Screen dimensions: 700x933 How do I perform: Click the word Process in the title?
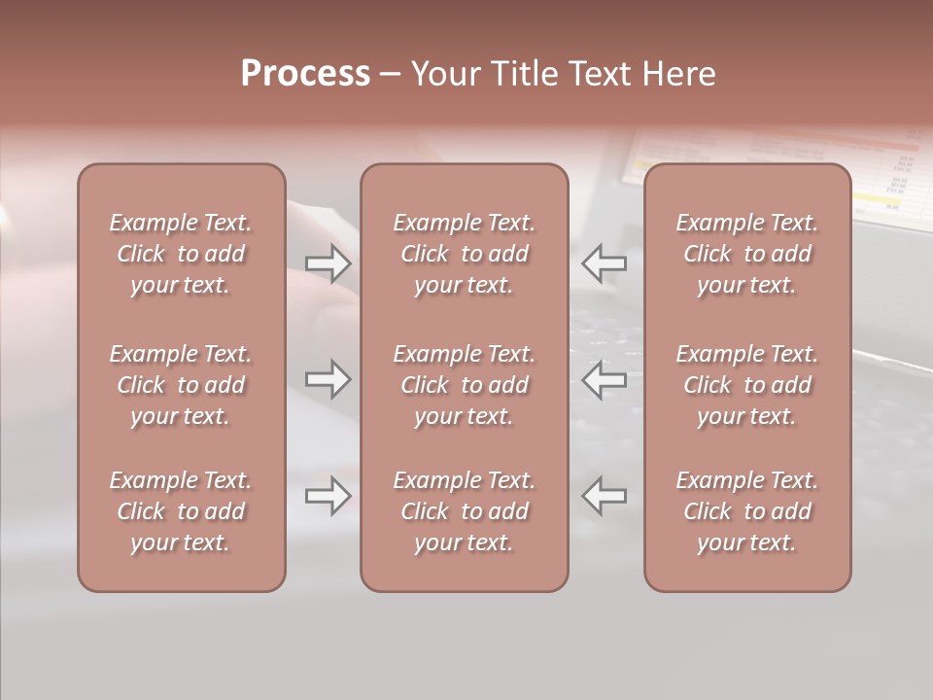click(x=305, y=73)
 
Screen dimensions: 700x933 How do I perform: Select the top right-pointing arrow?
click(x=328, y=262)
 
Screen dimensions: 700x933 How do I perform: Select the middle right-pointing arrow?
click(x=328, y=379)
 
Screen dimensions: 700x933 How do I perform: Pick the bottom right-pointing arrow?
click(x=328, y=496)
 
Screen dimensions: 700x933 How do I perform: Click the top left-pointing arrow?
click(x=604, y=262)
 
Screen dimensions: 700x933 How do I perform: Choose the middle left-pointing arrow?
click(x=604, y=379)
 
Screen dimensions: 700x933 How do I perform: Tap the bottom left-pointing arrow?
click(x=604, y=496)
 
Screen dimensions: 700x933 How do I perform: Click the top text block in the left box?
click(x=181, y=254)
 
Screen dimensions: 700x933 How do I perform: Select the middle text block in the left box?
click(x=181, y=385)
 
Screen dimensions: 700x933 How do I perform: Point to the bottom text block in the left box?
click(x=181, y=511)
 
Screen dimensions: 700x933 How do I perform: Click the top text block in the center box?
click(x=464, y=254)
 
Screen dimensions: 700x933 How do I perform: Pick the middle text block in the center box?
click(x=464, y=385)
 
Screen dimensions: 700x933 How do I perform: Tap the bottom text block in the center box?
click(x=464, y=511)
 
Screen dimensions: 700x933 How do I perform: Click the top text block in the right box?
click(x=746, y=254)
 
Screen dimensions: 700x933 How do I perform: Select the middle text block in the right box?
click(x=746, y=385)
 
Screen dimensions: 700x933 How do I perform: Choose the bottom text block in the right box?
click(x=746, y=511)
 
